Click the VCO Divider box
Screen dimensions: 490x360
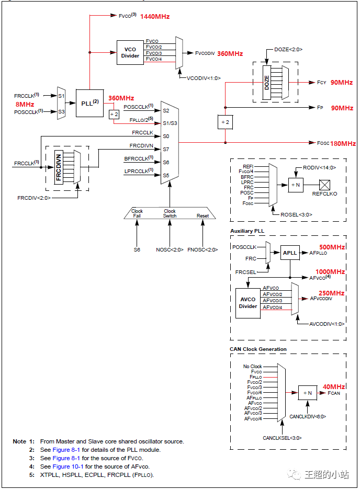coord(130,52)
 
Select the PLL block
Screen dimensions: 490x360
coord(89,102)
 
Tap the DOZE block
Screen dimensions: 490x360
coord(267,82)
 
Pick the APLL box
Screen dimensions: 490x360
coord(290,253)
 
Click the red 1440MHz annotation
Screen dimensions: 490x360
coord(155,17)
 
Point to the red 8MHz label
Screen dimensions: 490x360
coord(25,104)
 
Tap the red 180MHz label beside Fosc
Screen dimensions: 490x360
coord(343,143)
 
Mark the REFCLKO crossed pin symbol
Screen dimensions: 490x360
coord(324,184)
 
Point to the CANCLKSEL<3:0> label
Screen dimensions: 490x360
coord(283,438)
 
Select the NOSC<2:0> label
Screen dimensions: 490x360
coord(170,249)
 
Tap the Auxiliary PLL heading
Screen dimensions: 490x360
coord(246,231)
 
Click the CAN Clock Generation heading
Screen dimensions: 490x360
coord(258,349)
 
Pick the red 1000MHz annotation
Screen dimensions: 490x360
coord(330,272)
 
